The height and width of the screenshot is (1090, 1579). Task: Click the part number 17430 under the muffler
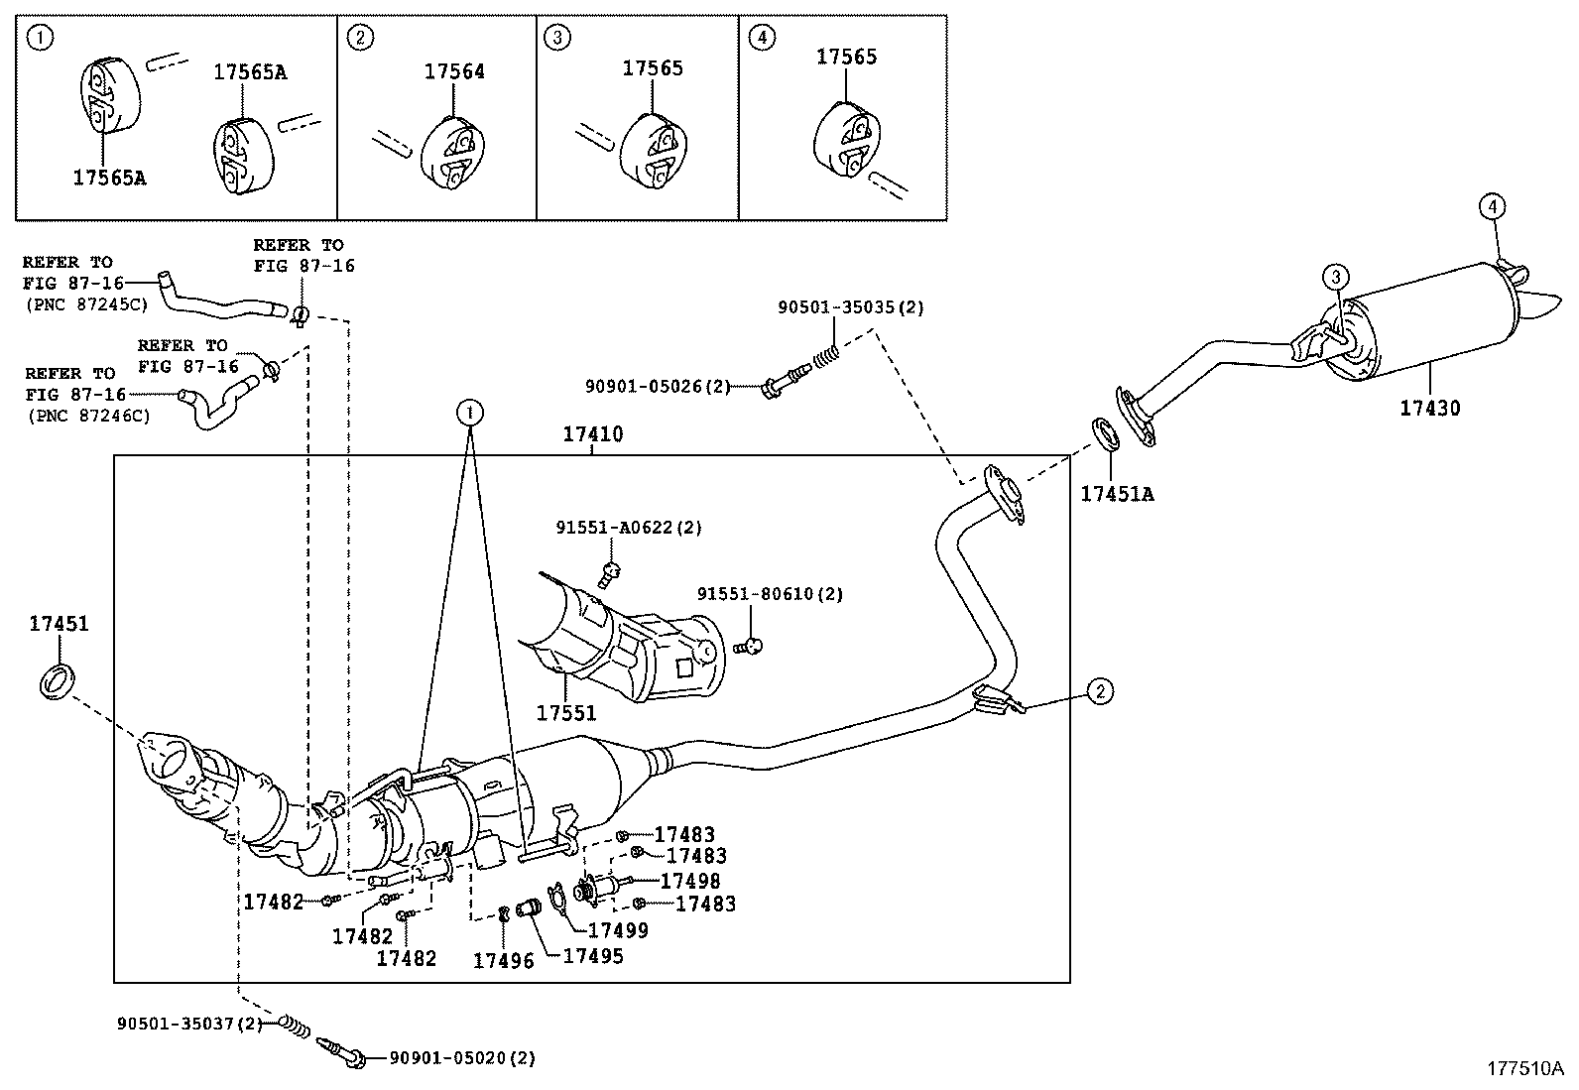[1429, 408]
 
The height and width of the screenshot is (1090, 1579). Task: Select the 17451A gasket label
[1117, 493]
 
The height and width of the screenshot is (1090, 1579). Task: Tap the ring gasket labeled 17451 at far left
[58, 683]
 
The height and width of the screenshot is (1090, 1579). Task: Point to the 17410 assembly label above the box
[592, 434]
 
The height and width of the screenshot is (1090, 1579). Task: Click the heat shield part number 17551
[566, 713]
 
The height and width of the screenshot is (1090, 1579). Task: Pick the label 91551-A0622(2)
[628, 528]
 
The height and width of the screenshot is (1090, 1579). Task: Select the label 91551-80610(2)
[769, 594]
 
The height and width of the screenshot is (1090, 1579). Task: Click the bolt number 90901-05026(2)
[657, 386]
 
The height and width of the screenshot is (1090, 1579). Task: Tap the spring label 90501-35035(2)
[850, 307]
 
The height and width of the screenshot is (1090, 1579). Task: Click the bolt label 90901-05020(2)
[461, 1058]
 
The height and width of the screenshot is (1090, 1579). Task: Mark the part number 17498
[690, 881]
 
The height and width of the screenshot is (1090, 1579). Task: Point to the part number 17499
[618, 930]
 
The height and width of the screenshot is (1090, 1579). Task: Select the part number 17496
[502, 960]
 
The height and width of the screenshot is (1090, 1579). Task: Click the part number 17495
[593, 956]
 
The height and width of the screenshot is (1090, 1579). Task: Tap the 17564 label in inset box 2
[454, 71]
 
